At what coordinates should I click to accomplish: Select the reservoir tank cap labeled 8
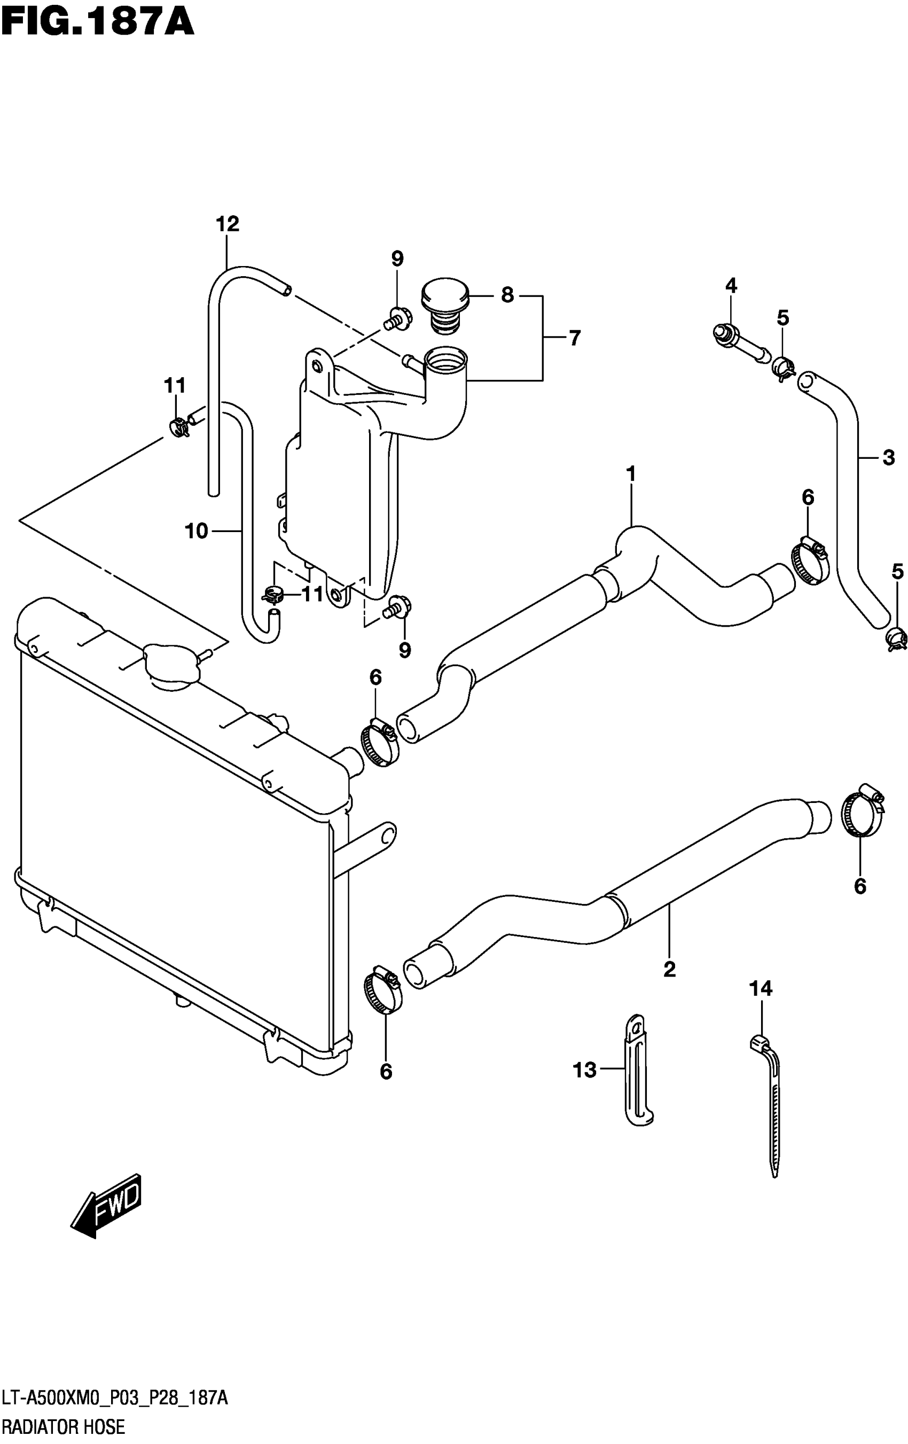(444, 305)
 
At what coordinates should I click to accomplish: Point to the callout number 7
(575, 339)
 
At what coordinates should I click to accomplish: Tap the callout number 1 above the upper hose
(631, 474)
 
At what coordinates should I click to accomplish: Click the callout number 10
(197, 530)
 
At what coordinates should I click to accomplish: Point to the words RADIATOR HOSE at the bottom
(63, 1426)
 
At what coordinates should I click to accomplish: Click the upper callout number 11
(175, 385)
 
